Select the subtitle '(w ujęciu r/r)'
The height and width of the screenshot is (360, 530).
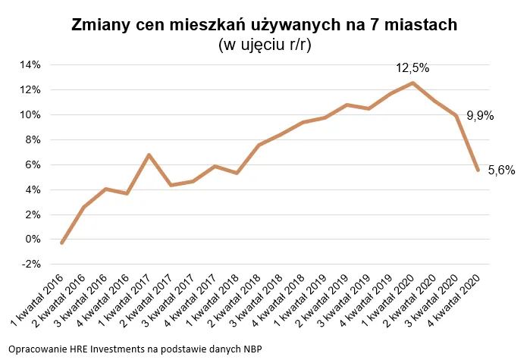[x=265, y=45]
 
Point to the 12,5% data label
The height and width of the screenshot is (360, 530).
[x=412, y=68]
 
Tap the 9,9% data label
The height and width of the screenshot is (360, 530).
[x=480, y=116]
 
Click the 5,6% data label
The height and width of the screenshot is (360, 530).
[x=501, y=171]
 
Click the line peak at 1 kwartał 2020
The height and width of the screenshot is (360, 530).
[x=412, y=83]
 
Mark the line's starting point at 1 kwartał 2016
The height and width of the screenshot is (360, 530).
[x=61, y=243]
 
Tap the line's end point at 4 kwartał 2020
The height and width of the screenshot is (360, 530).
[x=477, y=170]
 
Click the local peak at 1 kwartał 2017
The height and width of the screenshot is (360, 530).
[x=149, y=155]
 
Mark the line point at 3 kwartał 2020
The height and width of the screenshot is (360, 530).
[x=455, y=115]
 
